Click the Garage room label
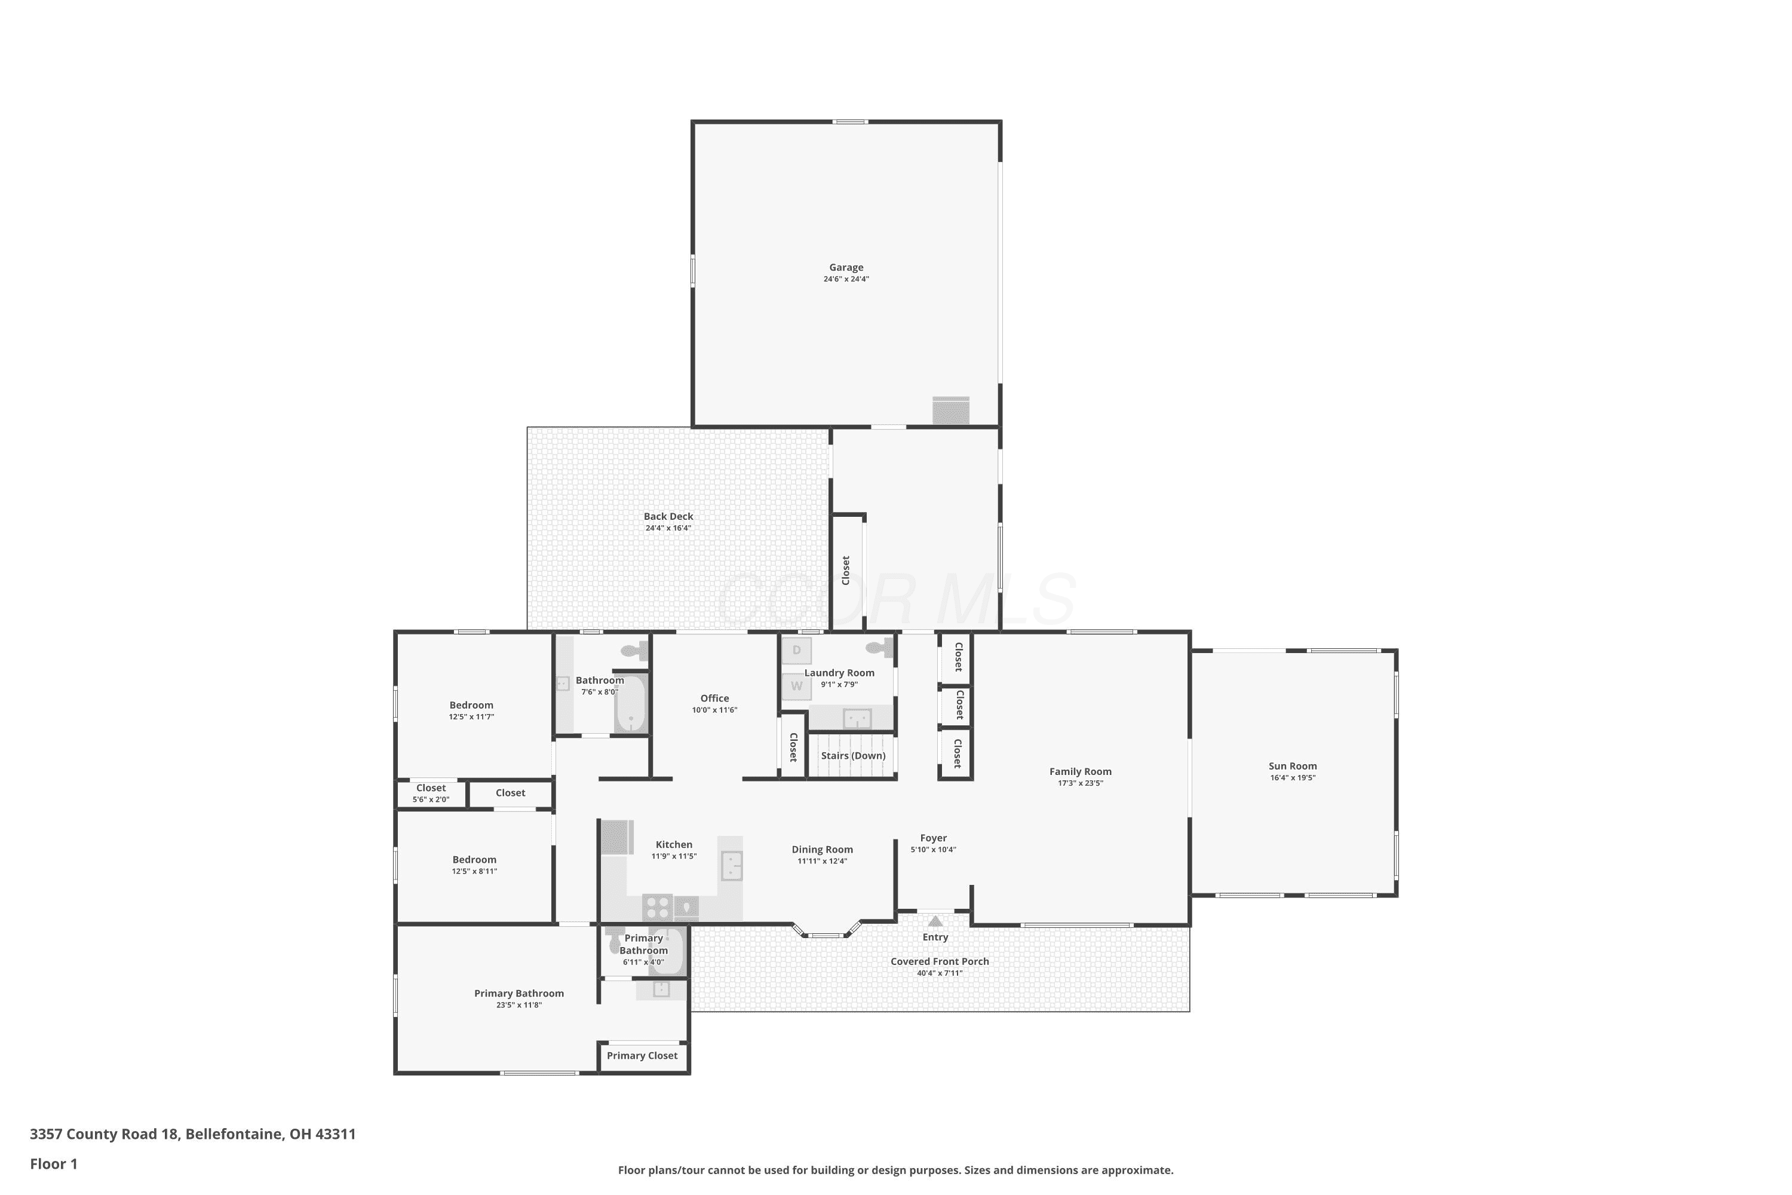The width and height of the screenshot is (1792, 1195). click(x=846, y=268)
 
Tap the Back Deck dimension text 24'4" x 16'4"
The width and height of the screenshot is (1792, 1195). click(x=668, y=528)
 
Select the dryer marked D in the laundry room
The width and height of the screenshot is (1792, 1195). click(x=796, y=651)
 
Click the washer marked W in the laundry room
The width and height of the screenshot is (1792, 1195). click(x=796, y=686)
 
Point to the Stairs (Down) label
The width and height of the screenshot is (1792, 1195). click(x=852, y=756)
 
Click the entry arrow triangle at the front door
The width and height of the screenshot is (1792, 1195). click(x=935, y=921)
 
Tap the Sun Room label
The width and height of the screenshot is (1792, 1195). click(x=1292, y=766)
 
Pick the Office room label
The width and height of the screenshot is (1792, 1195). click(x=714, y=698)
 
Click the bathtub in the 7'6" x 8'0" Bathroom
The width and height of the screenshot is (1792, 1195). click(x=630, y=703)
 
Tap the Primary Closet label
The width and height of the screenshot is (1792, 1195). click(x=642, y=1056)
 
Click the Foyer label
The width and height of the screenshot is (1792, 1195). click(x=933, y=838)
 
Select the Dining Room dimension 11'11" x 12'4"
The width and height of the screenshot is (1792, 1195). click(x=822, y=861)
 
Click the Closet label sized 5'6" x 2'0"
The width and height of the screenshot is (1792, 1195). click(x=431, y=788)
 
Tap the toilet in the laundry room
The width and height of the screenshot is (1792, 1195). click(x=880, y=648)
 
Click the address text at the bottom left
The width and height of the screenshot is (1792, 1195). click(x=193, y=1134)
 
